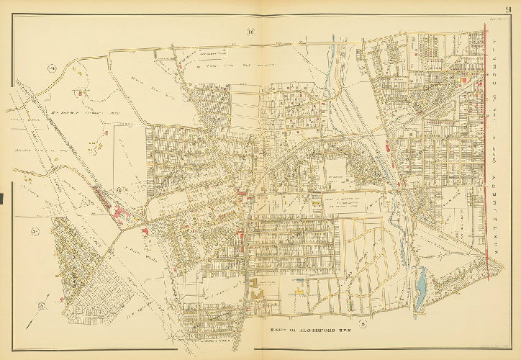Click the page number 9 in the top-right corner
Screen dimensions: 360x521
507,9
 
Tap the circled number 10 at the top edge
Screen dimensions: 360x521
250,31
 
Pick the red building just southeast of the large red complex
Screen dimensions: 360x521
146,230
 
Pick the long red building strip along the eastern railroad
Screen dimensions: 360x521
389,148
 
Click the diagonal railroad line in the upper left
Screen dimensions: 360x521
43,130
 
